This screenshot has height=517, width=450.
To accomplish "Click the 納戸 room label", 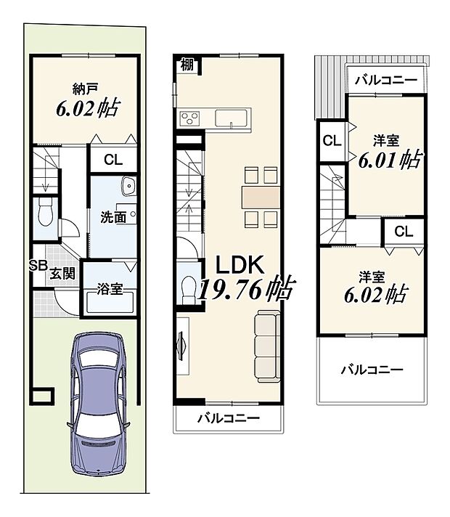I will point(86,90).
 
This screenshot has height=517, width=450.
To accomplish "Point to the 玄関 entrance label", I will point(62,274).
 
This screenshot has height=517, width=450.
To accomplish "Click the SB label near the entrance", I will point(38,266).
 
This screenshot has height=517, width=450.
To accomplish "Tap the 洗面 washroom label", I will point(113,216).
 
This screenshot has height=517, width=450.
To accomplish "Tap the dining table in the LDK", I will point(261,197).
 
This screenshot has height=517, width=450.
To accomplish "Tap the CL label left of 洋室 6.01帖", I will point(332,141).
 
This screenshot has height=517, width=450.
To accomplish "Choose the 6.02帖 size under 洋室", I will point(374,295).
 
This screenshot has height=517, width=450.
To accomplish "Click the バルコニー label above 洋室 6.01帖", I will point(385,81).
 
